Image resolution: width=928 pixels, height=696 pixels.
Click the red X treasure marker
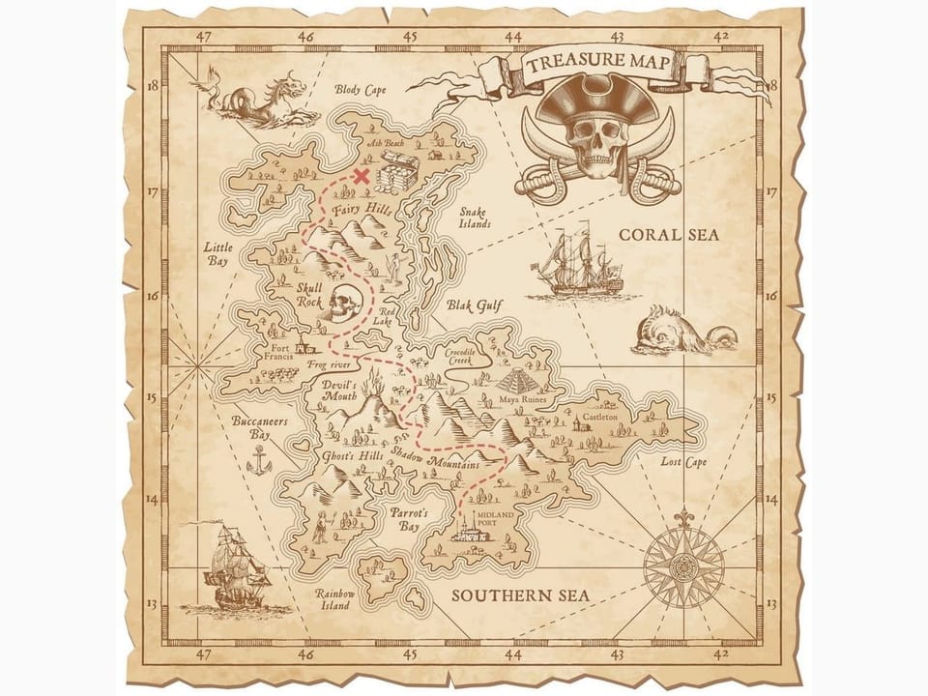pyautogui.click(x=362, y=176)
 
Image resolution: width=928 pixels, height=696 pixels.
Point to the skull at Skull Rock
pyautogui.click(x=340, y=304)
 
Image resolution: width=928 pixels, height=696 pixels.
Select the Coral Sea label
pyautogui.click(x=669, y=235)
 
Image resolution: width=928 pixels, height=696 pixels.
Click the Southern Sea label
pyautogui.click(x=520, y=595)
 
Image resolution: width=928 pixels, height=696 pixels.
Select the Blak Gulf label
pyautogui.click(x=476, y=306)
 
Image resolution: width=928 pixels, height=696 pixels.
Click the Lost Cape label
pyautogui.click(x=683, y=462)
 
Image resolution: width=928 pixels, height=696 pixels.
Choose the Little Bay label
pyautogui.click(x=217, y=254)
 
